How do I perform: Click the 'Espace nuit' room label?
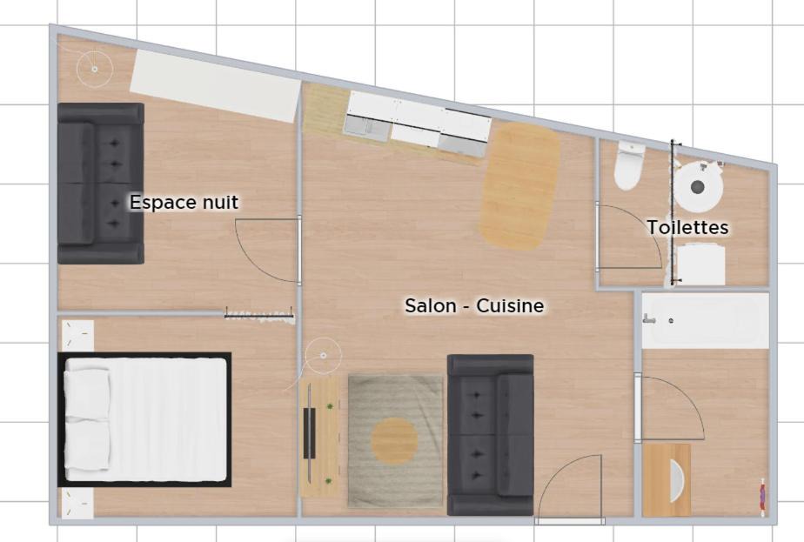click(184, 202)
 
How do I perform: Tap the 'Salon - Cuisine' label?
click(474, 305)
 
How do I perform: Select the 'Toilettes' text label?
click(687, 227)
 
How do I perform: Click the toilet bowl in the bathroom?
click(628, 165)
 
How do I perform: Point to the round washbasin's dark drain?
click(697, 187)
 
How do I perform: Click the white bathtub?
click(706, 321)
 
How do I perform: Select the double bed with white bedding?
click(144, 419)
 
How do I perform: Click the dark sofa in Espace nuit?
click(101, 184)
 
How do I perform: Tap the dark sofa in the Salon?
click(491, 435)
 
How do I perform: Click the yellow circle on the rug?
click(394, 440)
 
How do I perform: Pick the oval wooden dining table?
click(520, 186)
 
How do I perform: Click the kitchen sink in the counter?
click(366, 127)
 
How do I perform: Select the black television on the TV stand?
click(309, 433)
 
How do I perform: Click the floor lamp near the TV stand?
click(323, 355)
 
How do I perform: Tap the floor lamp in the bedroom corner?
click(94, 69)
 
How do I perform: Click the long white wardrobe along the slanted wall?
click(216, 86)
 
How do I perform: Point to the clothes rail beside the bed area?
click(259, 314)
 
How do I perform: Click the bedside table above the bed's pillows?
click(78, 335)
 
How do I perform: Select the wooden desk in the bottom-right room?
click(666, 480)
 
